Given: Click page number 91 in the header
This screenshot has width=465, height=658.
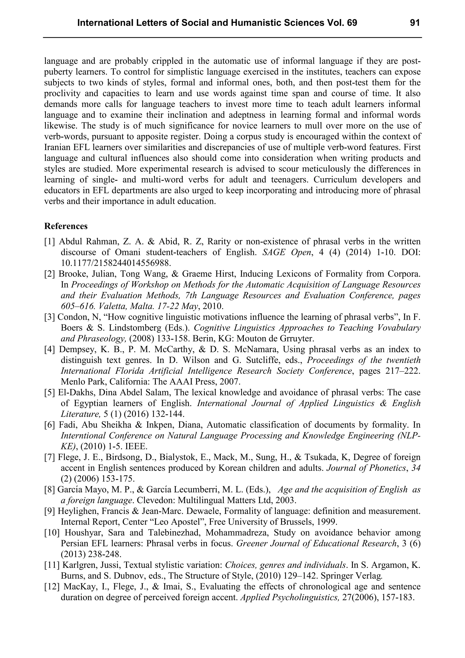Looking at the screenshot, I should point(415,23).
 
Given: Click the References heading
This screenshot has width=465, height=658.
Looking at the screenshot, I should point(66,226).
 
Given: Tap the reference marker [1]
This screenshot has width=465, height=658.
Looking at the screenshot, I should point(50,242).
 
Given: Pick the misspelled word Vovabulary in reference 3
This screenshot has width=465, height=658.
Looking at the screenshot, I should point(398,328).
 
